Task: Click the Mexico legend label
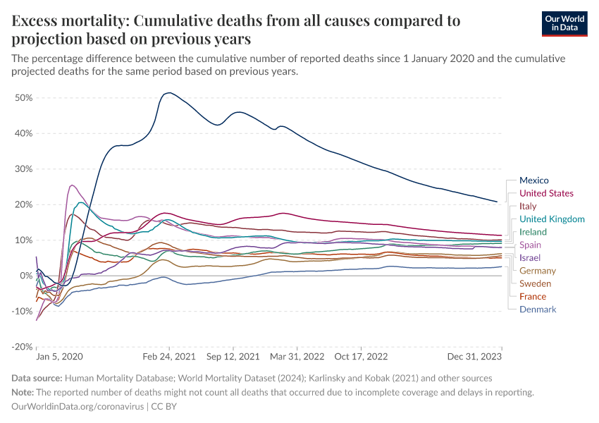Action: pyautogui.click(x=533, y=180)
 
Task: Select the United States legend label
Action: pyautogui.click(x=545, y=193)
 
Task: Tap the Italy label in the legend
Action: pyautogui.click(x=527, y=207)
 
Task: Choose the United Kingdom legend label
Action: pyautogui.click(x=551, y=219)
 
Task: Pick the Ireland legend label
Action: pyautogui.click(x=532, y=232)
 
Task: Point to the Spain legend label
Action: pyautogui.click(x=530, y=245)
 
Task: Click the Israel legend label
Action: pyautogui.click(x=529, y=258)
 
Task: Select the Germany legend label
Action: pyautogui.click(x=537, y=271)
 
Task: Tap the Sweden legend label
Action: pyautogui.click(x=535, y=283)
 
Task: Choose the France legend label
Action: pyautogui.click(x=532, y=297)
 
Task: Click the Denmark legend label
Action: pyautogui.click(x=537, y=309)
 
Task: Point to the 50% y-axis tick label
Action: pyautogui.click(x=23, y=98)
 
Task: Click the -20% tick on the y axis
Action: pyautogui.click(x=22, y=347)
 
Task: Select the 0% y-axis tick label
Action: pyautogui.click(x=26, y=276)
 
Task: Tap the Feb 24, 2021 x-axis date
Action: pyautogui.click(x=169, y=357)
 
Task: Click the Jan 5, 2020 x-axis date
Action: pyautogui.click(x=60, y=357)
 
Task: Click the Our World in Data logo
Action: pyautogui.click(x=564, y=23)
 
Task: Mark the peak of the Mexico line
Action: pyautogui.click(x=168, y=93)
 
